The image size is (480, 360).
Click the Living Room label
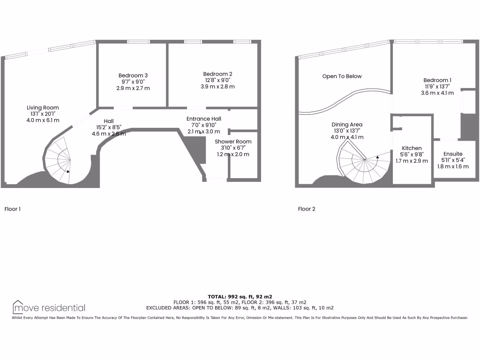pos(43,108)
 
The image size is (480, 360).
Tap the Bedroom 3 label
pos(133,75)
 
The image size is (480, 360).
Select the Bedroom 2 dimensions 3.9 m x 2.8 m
pos(217,87)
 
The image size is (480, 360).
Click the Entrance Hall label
pos(204,119)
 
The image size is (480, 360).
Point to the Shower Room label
pos(233,142)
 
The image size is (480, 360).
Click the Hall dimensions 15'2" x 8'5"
pos(109,127)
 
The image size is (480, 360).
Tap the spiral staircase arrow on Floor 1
pos(68,171)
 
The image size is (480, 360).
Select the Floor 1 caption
pos(13,209)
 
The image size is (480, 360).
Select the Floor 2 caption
pos(307,209)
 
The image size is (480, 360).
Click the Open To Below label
pos(342,76)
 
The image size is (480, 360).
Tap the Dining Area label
pos(347,125)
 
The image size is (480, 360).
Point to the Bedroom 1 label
pos(438,80)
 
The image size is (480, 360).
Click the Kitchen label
pos(412,148)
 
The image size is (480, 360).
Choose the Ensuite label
pos(453,154)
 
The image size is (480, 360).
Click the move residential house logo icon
pos(18,307)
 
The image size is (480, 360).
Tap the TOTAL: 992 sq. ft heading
pos(240,296)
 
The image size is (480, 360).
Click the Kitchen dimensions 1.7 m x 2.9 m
pos(412,161)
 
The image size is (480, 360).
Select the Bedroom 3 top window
pos(135,42)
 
